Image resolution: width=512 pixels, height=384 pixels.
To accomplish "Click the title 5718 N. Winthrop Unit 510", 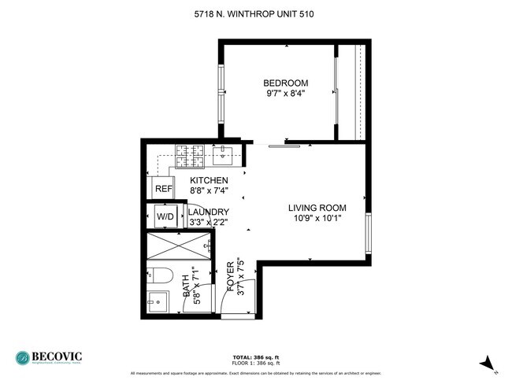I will click(x=256, y=13).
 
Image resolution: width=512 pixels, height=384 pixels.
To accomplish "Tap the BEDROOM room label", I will click(x=285, y=83).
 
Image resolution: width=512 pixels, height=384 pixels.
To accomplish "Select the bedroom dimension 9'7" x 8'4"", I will click(x=285, y=93).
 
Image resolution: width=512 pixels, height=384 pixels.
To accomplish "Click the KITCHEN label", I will click(x=209, y=180).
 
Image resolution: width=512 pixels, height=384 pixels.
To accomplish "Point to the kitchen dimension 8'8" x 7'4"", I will click(x=209, y=190).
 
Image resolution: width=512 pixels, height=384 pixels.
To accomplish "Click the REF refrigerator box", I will click(x=164, y=189).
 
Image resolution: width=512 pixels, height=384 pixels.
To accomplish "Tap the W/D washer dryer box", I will click(x=165, y=216).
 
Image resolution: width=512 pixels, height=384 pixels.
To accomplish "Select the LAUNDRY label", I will click(x=208, y=212).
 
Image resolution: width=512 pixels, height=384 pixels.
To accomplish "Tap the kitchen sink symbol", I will click(x=224, y=154).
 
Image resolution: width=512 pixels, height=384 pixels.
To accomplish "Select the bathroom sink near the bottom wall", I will click(x=156, y=300).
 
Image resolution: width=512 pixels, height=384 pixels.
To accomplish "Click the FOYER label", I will click(x=231, y=277).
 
